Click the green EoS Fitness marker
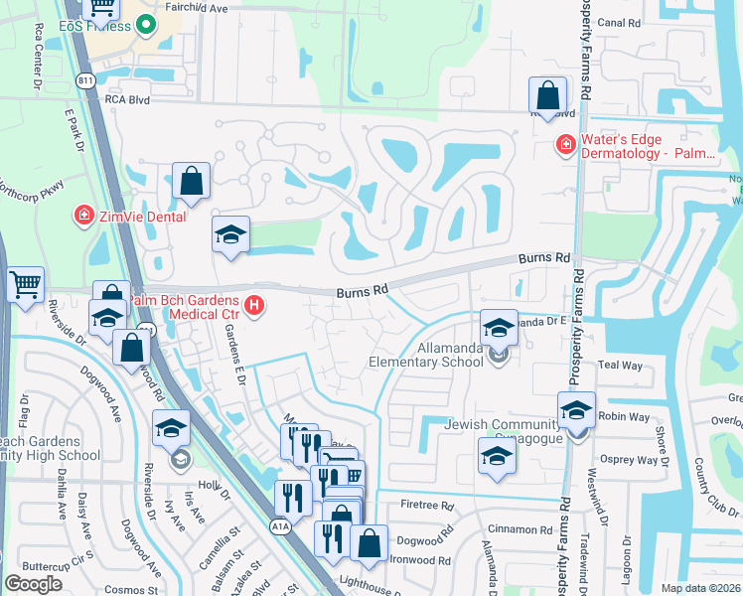146,25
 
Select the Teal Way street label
621,366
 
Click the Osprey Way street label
632,460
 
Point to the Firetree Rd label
427,506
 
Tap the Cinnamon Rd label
520,530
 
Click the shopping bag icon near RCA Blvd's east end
547,96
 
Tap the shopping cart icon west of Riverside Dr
24,285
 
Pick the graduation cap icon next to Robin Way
576,409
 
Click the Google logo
33,584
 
